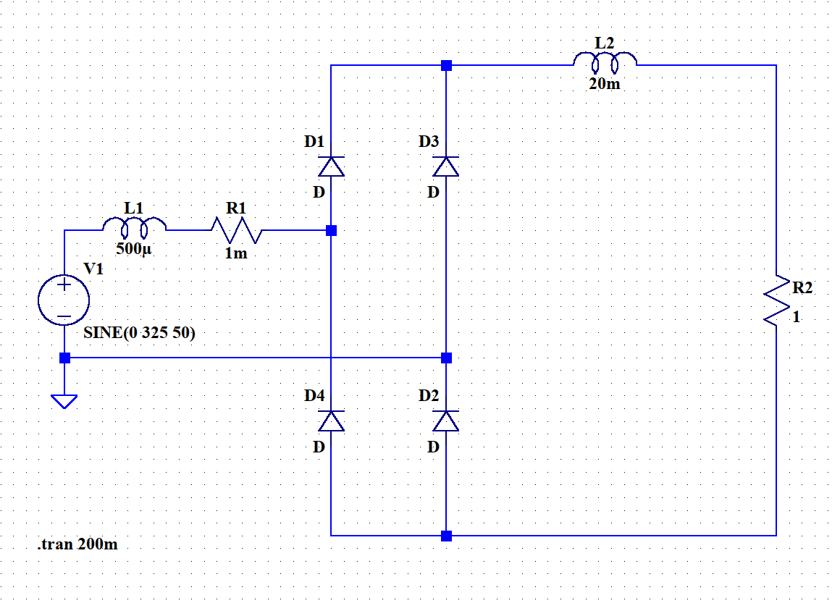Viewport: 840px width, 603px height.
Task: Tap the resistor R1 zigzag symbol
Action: [236, 230]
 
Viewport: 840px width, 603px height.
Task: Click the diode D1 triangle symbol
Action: [331, 166]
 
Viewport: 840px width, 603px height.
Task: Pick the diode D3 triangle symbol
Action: [446, 166]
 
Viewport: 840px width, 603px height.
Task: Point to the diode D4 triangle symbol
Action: [331, 421]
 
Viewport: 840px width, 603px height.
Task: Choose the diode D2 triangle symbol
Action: [446, 421]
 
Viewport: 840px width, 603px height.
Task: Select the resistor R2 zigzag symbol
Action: [776, 300]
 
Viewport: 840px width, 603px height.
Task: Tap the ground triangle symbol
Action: [64, 401]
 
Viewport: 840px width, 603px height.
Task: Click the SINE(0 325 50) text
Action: [139, 332]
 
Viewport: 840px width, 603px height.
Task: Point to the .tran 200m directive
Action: [77, 544]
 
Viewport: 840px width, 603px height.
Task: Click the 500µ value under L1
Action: [134, 249]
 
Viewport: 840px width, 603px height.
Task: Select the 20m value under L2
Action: [605, 83]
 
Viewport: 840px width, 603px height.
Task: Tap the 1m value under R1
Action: [236, 253]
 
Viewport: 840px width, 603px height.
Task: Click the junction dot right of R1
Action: [331, 230]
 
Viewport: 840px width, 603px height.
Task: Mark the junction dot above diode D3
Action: [446, 65]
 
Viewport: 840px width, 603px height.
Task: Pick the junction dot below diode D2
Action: [446, 536]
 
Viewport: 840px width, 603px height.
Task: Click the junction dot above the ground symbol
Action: [64, 358]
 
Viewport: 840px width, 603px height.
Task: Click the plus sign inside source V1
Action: [64, 284]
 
